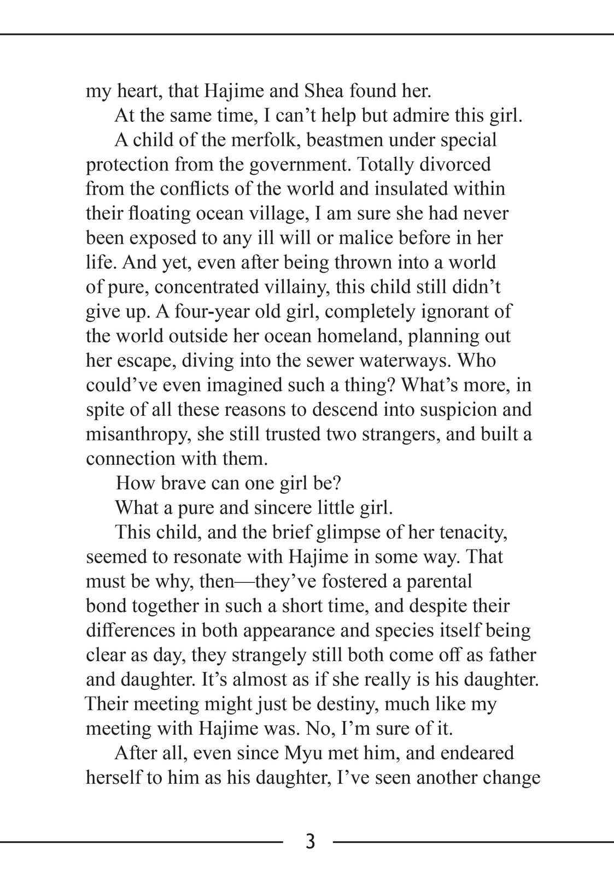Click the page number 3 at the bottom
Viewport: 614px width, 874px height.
coord(310,842)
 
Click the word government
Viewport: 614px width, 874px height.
coord(298,164)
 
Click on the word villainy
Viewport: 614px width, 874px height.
coord(294,287)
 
